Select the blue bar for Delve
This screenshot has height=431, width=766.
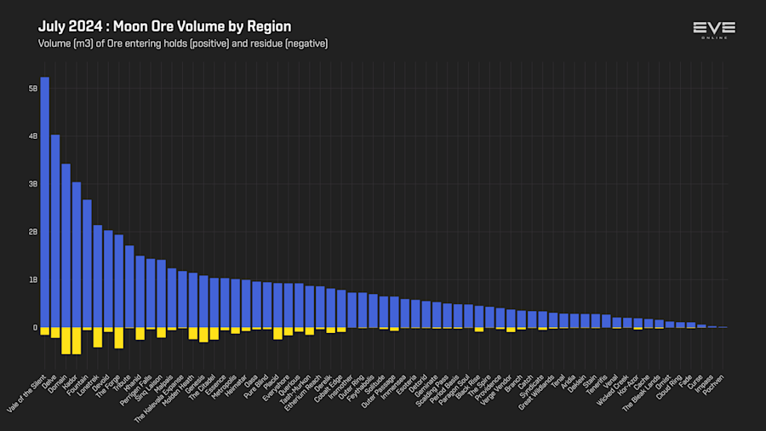pyautogui.click(x=55, y=231)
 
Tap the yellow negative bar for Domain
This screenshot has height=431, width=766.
pyautogui.click(x=66, y=340)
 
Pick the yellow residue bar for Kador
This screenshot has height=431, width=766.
pyautogui.click(x=77, y=340)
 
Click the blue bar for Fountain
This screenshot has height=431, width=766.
pyautogui.click(x=87, y=263)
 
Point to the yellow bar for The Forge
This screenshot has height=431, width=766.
pyautogui.click(x=119, y=337)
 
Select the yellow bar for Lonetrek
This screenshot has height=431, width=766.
pyautogui.click(x=98, y=336)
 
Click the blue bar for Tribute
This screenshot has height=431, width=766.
pyautogui.click(x=129, y=286)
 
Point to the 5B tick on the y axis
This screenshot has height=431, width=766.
pyautogui.click(x=33, y=89)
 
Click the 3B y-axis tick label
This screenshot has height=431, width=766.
pyautogui.click(x=33, y=184)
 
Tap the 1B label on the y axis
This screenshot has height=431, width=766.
pyautogui.click(x=33, y=279)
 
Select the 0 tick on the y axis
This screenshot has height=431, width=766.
pyautogui.click(x=35, y=327)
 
